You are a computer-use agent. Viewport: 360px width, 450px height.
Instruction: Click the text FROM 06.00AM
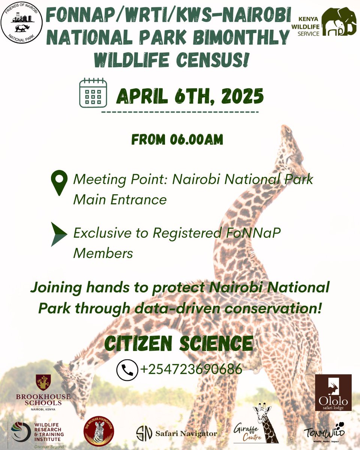[177, 139]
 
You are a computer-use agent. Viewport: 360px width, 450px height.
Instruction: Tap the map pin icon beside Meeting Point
[59, 183]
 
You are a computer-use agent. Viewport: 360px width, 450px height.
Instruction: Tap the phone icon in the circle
[126, 370]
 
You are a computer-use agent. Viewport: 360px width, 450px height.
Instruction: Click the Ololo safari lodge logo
[333, 392]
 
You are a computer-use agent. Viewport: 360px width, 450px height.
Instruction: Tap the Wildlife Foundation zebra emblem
[99, 431]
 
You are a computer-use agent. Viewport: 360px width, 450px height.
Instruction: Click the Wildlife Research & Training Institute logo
[37, 431]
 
